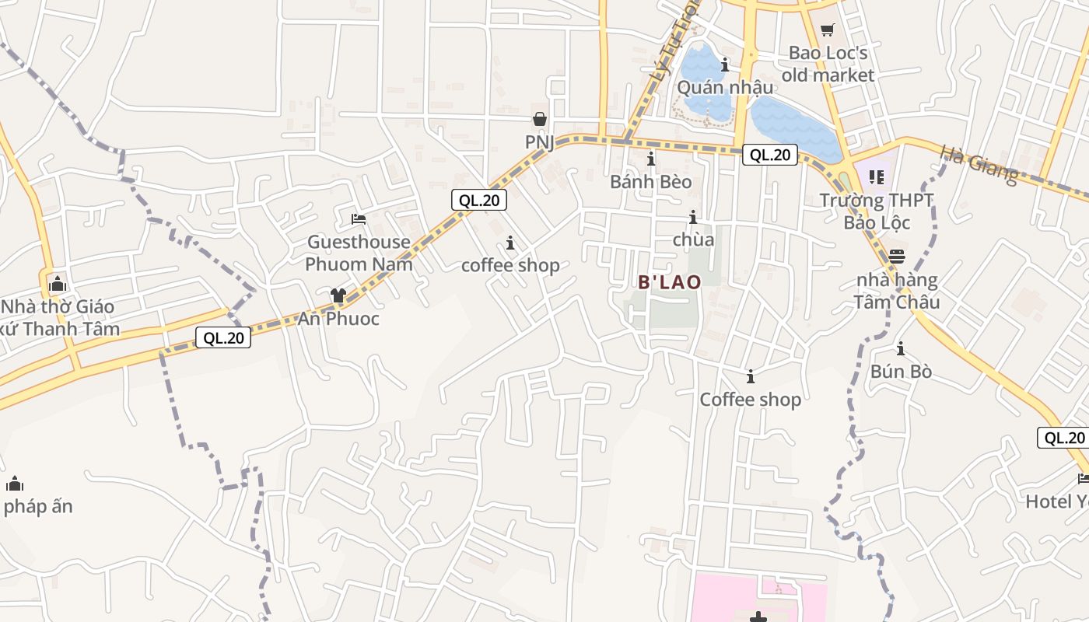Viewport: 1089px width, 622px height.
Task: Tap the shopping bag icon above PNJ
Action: click(x=539, y=119)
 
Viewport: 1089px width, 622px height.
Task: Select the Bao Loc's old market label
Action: click(x=828, y=64)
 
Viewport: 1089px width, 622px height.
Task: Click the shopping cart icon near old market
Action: click(x=827, y=30)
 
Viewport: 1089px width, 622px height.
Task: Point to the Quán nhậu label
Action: click(x=725, y=87)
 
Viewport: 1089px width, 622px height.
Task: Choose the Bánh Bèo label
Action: click(x=650, y=182)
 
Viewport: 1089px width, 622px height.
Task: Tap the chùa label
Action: click(x=693, y=239)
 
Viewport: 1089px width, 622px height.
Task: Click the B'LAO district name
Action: click(x=670, y=282)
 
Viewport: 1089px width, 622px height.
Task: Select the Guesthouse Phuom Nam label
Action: click(x=358, y=253)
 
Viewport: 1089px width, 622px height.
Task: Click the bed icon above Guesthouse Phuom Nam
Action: click(x=358, y=218)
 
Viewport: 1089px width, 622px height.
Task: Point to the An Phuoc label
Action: click(x=338, y=319)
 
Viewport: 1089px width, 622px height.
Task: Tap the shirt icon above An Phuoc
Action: click(x=338, y=295)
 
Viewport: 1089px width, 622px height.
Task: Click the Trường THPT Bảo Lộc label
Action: click(x=877, y=211)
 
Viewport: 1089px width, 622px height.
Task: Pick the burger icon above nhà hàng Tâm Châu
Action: click(x=897, y=256)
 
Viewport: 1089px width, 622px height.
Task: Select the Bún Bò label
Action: click(x=901, y=372)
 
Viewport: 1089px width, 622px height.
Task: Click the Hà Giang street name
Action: click(x=979, y=165)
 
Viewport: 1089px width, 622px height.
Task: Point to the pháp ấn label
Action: click(x=38, y=507)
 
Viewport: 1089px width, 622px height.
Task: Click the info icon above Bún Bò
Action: click(x=901, y=348)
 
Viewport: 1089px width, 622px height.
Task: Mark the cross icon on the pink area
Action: click(x=758, y=617)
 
